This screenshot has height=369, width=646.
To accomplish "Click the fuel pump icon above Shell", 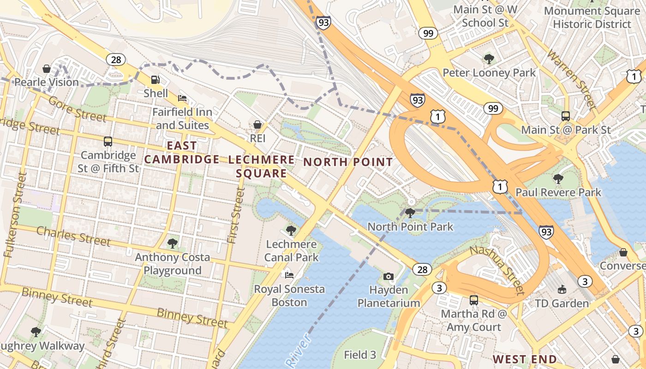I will [156, 80].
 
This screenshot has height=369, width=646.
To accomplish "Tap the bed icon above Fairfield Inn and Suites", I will [182, 98].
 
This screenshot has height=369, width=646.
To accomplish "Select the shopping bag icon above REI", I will [257, 125].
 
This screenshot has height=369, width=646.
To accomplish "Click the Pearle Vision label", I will [47, 82].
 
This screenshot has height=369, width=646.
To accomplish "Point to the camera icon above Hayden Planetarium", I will [389, 276].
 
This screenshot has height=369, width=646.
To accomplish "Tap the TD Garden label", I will [562, 303].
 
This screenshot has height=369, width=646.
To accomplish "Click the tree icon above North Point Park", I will [410, 213].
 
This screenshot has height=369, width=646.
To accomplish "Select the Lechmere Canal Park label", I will [291, 250].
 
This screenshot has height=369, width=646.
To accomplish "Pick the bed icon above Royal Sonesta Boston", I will [289, 275].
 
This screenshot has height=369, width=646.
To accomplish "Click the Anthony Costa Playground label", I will [173, 264].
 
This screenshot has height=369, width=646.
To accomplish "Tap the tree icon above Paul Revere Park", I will [558, 179].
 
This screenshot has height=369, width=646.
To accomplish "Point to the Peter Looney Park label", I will [489, 73].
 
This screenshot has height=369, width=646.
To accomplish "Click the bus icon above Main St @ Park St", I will [566, 116].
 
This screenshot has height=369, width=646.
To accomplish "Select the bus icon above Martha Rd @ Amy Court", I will [473, 300].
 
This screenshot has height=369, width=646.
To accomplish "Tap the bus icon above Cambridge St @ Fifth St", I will [108, 142].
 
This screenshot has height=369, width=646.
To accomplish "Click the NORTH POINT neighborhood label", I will [348, 162].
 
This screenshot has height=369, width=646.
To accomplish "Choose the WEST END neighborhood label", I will [525, 359].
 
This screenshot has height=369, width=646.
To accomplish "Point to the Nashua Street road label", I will [498, 270].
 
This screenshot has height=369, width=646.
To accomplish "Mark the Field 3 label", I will [360, 355].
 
